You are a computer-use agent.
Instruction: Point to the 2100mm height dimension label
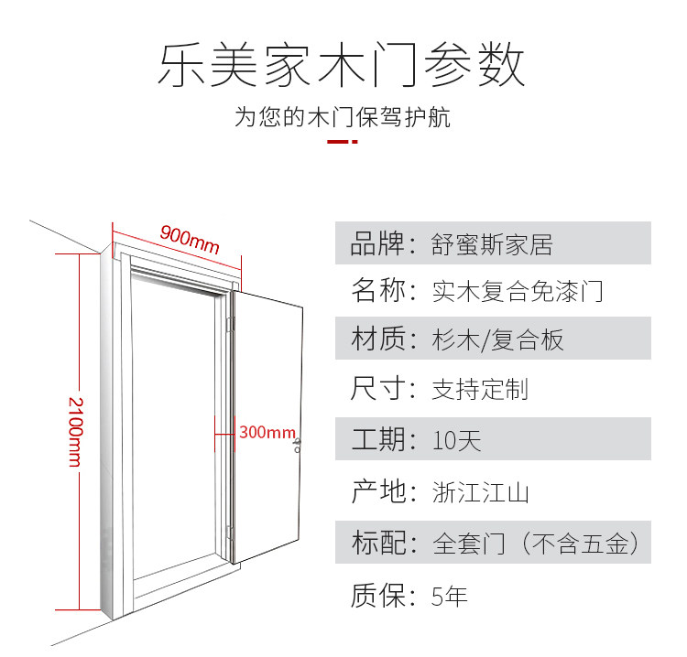pyautogui.click(x=73, y=431)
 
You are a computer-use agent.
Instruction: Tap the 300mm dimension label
pyautogui.click(x=267, y=432)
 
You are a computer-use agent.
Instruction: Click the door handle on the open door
pyautogui.click(x=298, y=446)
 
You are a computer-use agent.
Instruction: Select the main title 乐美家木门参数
pyautogui.click(x=343, y=66)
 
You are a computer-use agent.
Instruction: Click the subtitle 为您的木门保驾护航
pyautogui.click(x=343, y=118)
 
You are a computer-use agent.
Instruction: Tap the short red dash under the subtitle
pyautogui.click(x=343, y=143)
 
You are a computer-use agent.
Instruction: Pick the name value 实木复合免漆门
pyautogui.click(x=518, y=292)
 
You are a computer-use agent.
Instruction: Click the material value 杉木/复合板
pyautogui.click(x=498, y=340)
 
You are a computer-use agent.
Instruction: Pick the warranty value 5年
pyautogui.click(x=450, y=597)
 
